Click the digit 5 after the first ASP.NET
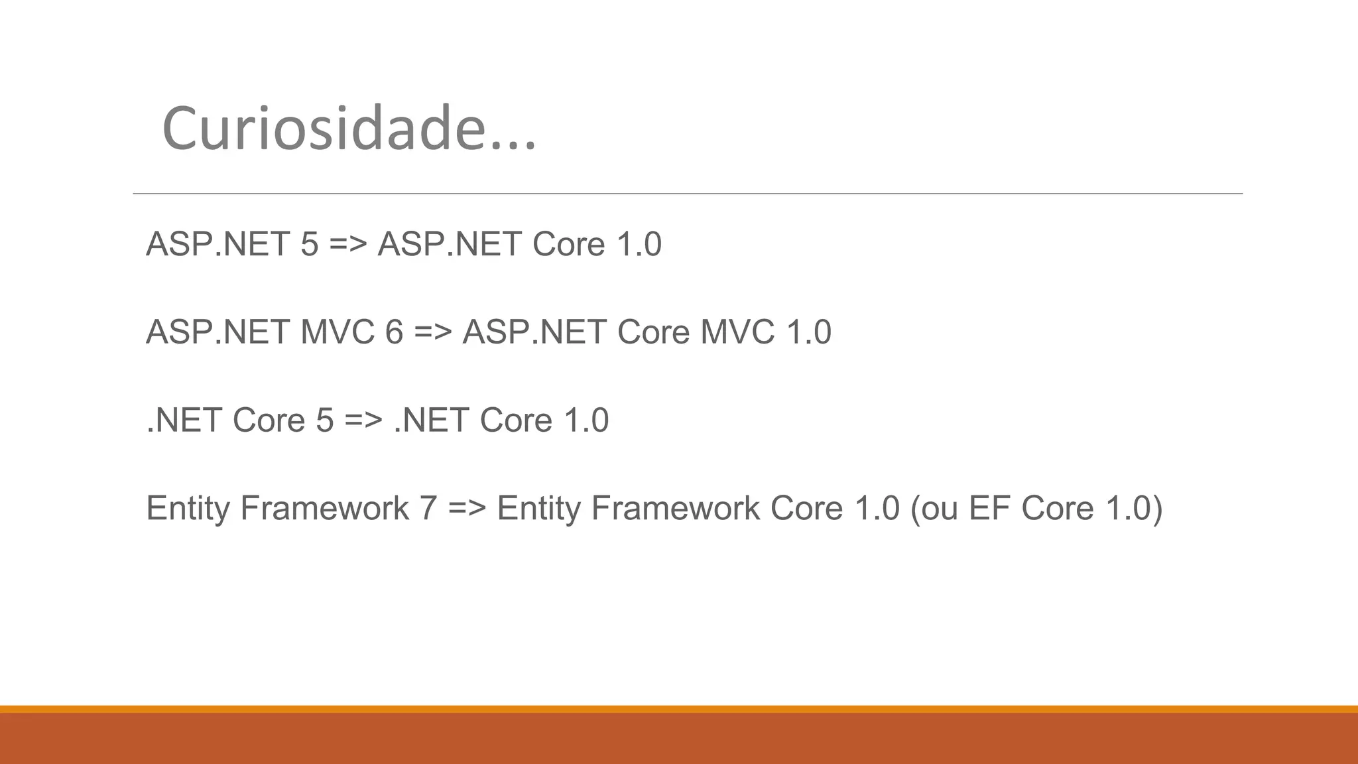[x=310, y=244]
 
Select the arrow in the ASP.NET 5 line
[x=348, y=244]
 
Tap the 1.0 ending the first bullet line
[x=639, y=244]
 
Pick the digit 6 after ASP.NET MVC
[x=394, y=332]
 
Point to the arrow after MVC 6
[x=433, y=332]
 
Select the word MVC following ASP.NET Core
[x=737, y=332]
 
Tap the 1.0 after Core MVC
[x=808, y=332]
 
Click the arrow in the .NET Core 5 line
[x=363, y=420]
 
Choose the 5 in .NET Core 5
[x=325, y=420]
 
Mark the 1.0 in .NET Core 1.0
[x=586, y=420]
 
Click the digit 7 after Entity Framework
[x=428, y=508]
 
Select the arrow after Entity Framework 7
[x=467, y=508]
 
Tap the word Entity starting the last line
[x=188, y=508]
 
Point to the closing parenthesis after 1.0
[x=1157, y=509]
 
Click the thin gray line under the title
[x=688, y=194]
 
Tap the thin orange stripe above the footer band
[x=679, y=709]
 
